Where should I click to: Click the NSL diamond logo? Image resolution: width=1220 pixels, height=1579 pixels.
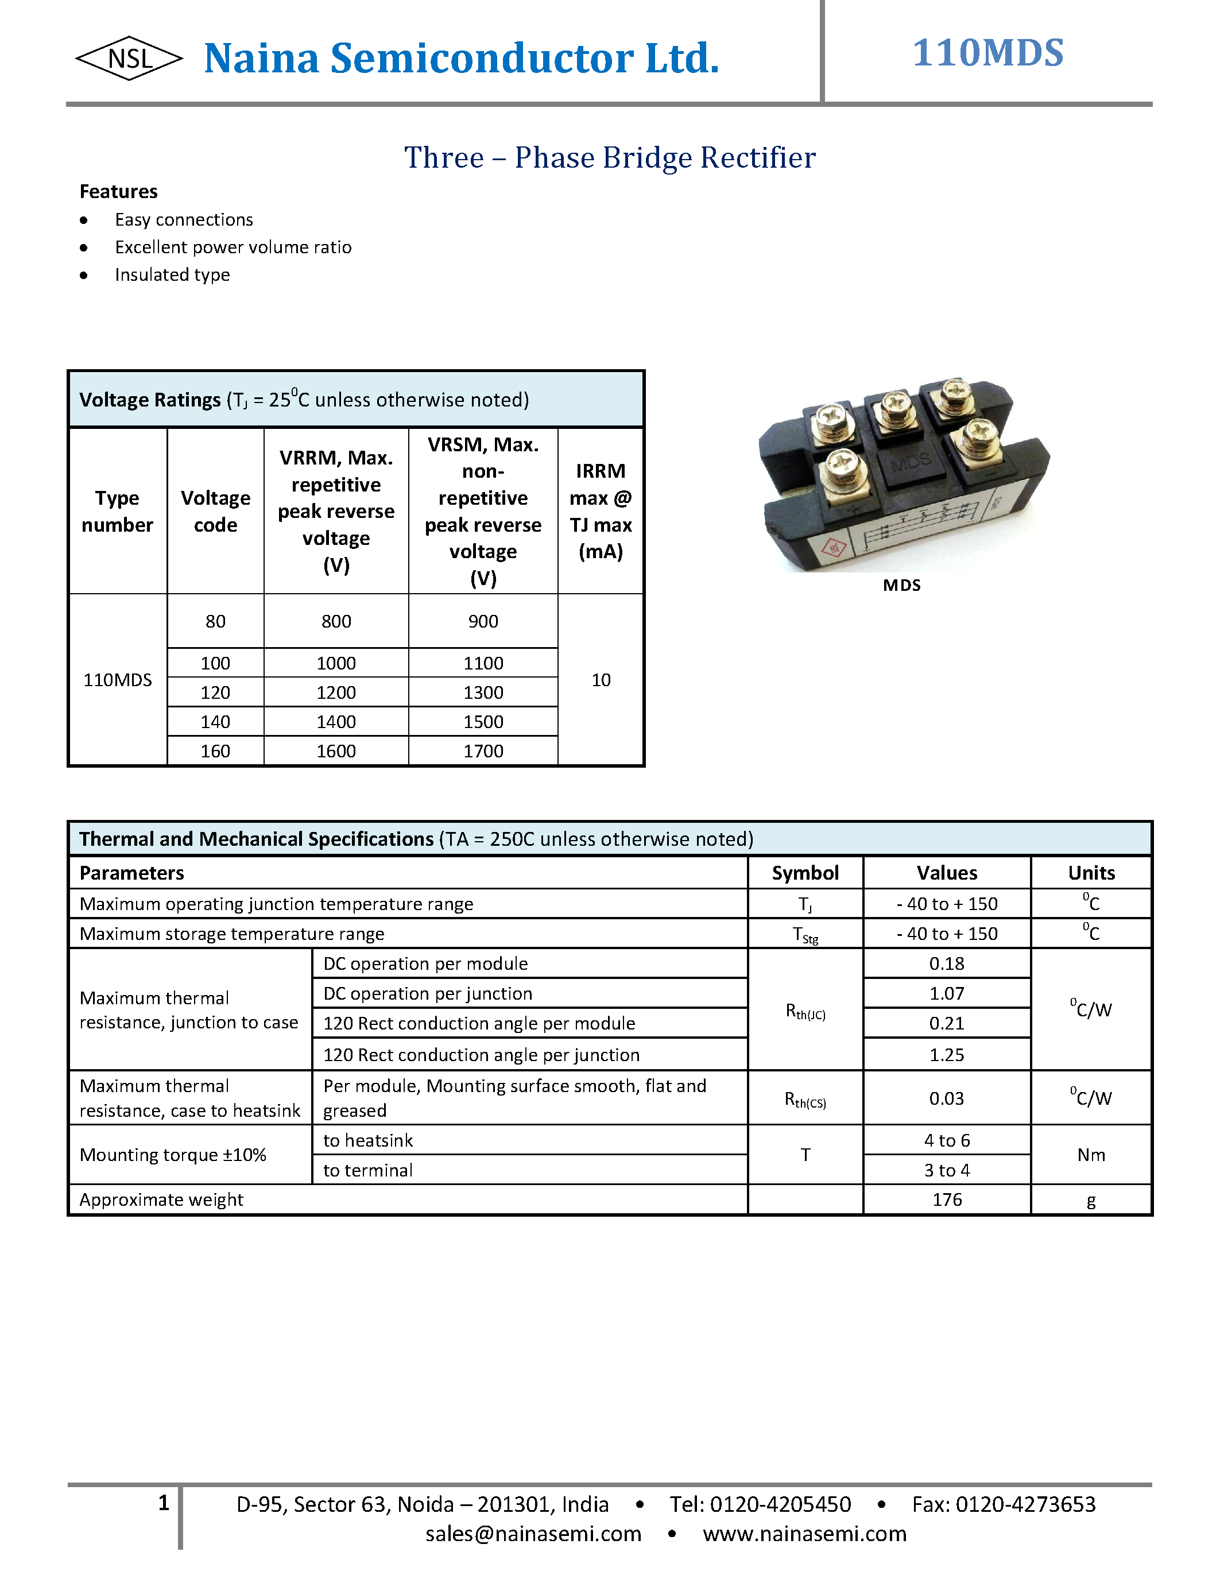tap(129, 59)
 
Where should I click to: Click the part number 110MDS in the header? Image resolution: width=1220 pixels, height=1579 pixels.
tap(987, 53)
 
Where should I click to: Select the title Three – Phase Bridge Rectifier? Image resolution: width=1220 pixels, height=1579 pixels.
tap(609, 157)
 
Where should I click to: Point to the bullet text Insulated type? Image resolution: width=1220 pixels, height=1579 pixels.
tap(172, 274)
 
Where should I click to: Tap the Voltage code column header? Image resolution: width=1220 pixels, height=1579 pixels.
tap(215, 511)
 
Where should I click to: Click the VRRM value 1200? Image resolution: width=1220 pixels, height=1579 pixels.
tap(336, 692)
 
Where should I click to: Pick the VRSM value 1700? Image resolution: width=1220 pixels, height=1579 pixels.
tap(483, 751)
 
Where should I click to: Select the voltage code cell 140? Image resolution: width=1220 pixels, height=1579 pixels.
tap(215, 722)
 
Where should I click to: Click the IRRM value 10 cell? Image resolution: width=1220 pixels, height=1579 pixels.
tap(601, 680)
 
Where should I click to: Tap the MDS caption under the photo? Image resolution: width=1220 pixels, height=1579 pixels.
tap(901, 586)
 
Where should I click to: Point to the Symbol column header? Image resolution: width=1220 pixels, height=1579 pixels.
tap(805, 873)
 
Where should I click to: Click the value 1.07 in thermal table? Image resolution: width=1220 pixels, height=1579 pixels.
tap(947, 993)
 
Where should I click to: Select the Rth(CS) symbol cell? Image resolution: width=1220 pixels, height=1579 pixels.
tap(805, 1099)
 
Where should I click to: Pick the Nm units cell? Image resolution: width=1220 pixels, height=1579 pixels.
tap(1091, 1155)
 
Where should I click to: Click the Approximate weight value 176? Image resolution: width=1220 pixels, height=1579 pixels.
tap(947, 1199)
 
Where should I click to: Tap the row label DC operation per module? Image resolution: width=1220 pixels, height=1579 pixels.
tap(425, 963)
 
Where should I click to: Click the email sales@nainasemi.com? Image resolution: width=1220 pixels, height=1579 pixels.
tap(533, 1534)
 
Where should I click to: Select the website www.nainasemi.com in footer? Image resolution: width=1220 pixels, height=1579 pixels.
tap(804, 1534)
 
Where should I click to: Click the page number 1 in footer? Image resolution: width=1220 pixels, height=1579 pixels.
tap(164, 1503)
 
